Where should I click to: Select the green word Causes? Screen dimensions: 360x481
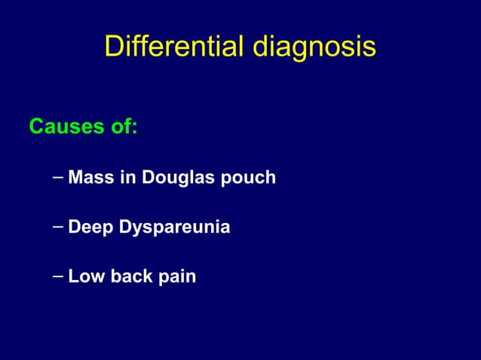pyautogui.click(x=66, y=127)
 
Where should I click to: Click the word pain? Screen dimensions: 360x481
pyautogui.click(x=176, y=277)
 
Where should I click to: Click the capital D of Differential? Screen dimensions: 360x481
pyautogui.click(x=113, y=46)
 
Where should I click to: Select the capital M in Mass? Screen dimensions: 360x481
pyautogui.click(x=75, y=178)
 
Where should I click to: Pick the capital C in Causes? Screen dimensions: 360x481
pyautogui.click(x=36, y=127)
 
